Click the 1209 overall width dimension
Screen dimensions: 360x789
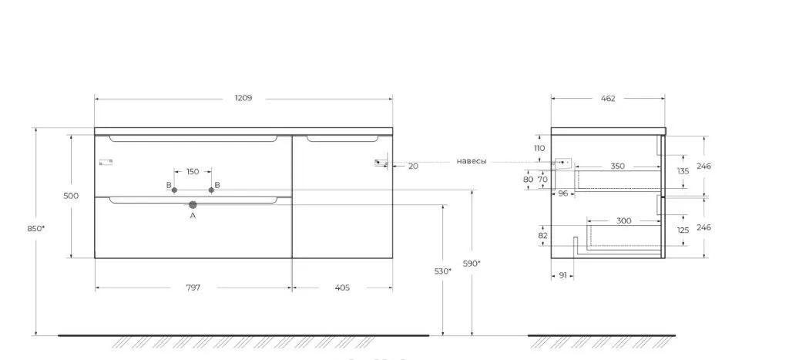click(x=243, y=99)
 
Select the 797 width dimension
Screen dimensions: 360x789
click(x=193, y=288)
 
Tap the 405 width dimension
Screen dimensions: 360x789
click(x=342, y=288)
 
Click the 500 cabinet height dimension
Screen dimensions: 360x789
click(x=71, y=196)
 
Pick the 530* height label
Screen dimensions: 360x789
click(x=442, y=271)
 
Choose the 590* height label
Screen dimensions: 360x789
click(x=472, y=263)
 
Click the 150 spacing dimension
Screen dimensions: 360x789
click(x=193, y=171)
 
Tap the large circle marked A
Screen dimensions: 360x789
click(x=193, y=205)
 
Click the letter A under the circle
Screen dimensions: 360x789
click(x=193, y=217)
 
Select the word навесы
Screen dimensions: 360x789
click(x=472, y=161)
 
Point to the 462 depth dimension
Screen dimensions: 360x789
click(x=608, y=99)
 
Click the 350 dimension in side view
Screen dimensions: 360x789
click(x=617, y=167)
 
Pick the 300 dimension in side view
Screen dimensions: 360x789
click(x=623, y=221)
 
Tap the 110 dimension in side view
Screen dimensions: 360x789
click(x=539, y=148)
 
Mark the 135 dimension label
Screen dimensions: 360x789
click(x=683, y=171)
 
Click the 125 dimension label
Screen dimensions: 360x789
click(x=683, y=230)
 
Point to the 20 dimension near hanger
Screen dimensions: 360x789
click(x=413, y=166)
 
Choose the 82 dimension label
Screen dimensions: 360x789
click(x=542, y=235)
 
